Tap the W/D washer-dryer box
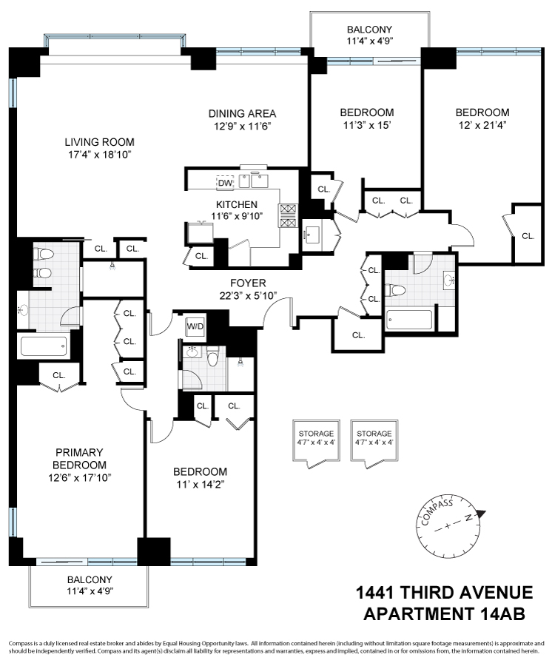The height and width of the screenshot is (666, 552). (195, 326)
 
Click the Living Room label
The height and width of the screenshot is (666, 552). (99, 142)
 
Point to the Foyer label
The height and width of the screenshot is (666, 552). (247, 283)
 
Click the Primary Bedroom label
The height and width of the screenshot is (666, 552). (78, 459)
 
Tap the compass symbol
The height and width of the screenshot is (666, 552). (448, 528)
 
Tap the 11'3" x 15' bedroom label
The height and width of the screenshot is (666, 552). (366, 112)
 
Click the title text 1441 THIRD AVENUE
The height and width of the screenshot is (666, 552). (444, 593)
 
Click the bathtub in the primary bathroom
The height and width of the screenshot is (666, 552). (44, 346)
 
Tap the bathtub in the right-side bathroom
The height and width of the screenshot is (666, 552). (409, 320)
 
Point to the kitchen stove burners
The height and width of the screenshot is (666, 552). (288, 215)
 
